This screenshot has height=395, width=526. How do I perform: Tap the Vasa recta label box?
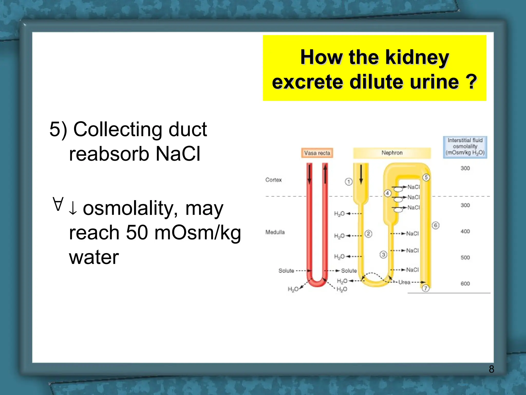tap(317, 153)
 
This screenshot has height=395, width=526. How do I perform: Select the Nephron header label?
tap(392, 153)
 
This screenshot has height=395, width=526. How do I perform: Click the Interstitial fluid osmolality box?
tap(465, 147)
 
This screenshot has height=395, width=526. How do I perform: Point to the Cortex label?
tap(273, 180)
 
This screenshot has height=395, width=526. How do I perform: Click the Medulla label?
tap(275, 232)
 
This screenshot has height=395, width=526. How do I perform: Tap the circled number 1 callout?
tap(349, 182)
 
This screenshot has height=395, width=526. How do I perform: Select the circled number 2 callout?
tap(368, 234)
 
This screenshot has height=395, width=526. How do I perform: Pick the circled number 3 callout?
tap(383, 255)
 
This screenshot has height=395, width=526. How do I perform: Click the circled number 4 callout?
tap(388, 193)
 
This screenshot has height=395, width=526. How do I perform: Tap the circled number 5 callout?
tap(426, 177)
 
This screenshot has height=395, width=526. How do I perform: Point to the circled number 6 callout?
tap(436, 226)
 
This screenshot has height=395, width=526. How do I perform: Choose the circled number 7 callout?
tap(426, 288)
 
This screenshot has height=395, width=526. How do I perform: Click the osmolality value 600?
tap(465, 283)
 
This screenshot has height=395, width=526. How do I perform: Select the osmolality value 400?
tap(465, 231)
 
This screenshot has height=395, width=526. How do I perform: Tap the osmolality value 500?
tap(465, 257)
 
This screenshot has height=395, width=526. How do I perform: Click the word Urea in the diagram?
tap(404, 282)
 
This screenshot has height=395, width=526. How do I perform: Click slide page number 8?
tap(491, 369)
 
